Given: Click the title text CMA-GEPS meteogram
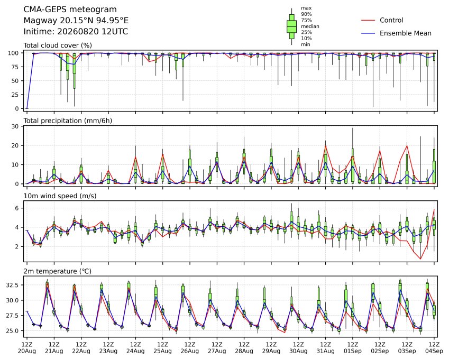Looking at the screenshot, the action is (x=70, y=10).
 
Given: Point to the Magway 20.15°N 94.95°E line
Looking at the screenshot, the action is (x=76, y=21).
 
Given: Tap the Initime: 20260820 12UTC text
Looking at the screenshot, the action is (x=76, y=32).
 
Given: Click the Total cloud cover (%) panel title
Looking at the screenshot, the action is (x=58, y=45).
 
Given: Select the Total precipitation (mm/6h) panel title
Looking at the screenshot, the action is (x=68, y=121).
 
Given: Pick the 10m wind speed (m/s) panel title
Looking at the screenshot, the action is (x=60, y=196).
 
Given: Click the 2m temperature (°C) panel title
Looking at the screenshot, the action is (x=57, y=271).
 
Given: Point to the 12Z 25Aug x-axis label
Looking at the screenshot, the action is (x=163, y=348).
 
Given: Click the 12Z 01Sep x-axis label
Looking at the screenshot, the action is (x=353, y=348).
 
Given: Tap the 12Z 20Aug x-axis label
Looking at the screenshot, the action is (x=27, y=348).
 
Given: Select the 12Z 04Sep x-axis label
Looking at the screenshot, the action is (x=434, y=348).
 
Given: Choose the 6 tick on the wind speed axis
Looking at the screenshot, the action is (x=17, y=208).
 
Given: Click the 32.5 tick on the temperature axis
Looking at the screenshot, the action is (x=13, y=285).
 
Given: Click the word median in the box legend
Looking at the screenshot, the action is (x=310, y=26).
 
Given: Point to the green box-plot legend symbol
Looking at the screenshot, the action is (x=291, y=26).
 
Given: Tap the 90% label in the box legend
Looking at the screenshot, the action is (x=306, y=14).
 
